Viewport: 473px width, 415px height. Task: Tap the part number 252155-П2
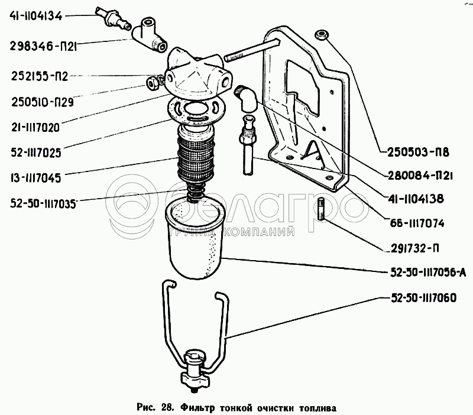[x=41, y=76]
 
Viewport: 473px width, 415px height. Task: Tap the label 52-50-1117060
[x=423, y=298]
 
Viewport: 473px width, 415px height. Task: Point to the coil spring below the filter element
[x=195, y=192]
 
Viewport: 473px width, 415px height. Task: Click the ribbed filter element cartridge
[x=195, y=156]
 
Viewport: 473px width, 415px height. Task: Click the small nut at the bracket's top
[x=322, y=34]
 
